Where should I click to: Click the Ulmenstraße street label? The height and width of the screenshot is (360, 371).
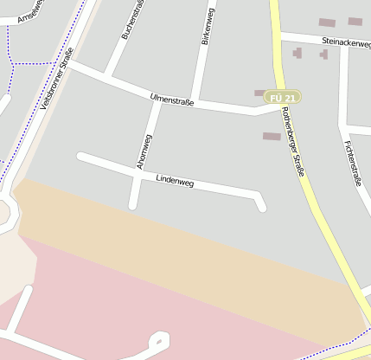click(172, 101)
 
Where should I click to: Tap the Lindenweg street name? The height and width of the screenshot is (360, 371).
click(175, 182)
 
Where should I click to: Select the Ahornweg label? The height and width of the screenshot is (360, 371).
click(144, 151)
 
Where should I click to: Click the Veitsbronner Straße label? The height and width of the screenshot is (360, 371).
click(55, 79)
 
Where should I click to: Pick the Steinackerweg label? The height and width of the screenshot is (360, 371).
click(345, 42)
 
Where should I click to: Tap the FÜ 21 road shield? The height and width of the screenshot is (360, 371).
click(284, 98)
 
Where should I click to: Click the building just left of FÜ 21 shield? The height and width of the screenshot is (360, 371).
click(259, 93)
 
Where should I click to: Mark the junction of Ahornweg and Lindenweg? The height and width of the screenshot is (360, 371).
click(138, 174)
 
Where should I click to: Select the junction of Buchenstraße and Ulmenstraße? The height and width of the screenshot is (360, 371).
click(107, 78)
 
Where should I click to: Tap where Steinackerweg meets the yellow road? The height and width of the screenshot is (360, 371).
click(280, 35)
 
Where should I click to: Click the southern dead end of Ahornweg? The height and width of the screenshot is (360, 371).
click(133, 205)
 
